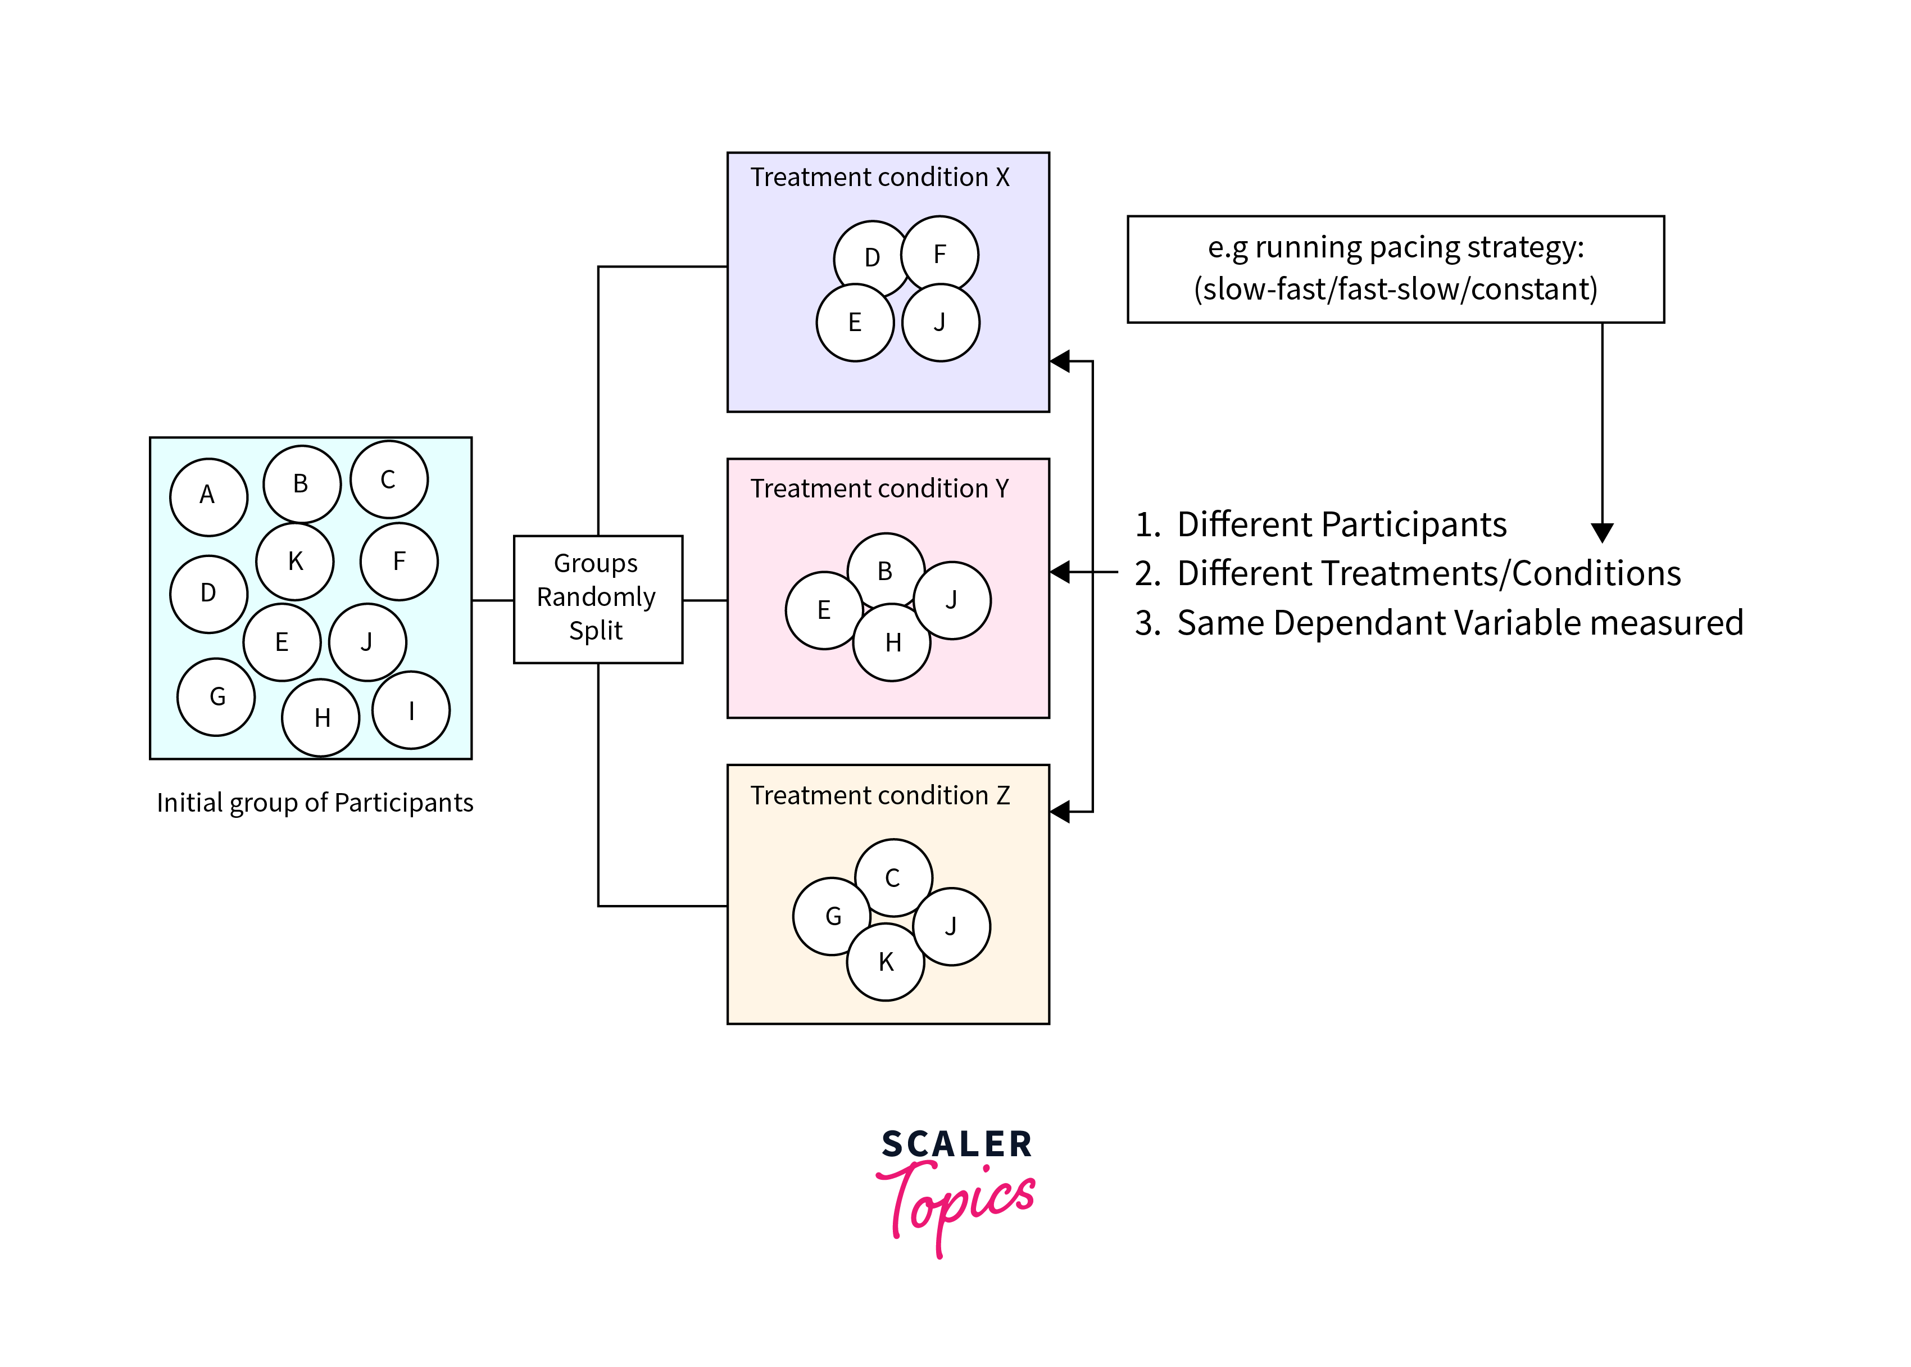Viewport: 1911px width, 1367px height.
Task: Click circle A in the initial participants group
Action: tap(208, 497)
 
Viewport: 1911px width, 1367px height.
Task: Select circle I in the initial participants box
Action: tap(411, 710)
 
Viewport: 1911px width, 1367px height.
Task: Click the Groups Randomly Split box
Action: tap(597, 599)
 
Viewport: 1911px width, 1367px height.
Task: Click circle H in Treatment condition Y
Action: tap(892, 642)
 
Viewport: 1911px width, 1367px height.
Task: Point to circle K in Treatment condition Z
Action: tap(885, 961)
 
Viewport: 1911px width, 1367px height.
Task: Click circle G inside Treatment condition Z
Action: tap(832, 916)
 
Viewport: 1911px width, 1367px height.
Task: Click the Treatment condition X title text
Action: tap(879, 178)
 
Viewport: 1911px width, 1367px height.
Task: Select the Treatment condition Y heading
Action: tap(879, 489)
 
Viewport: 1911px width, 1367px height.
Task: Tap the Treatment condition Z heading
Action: tap(879, 795)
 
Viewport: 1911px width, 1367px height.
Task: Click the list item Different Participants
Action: tap(1341, 524)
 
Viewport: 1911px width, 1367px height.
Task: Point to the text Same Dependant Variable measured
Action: tap(1459, 623)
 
